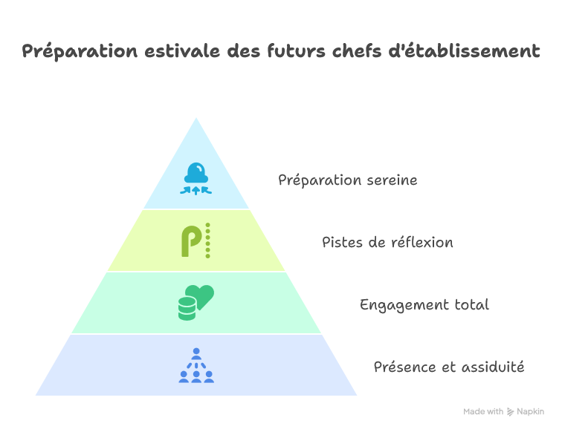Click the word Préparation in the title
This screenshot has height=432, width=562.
tap(80, 51)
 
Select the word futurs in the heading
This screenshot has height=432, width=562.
tap(296, 50)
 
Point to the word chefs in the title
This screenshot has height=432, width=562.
tap(357, 50)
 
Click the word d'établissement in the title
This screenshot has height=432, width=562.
tap(464, 50)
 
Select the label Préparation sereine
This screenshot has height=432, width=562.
tap(348, 180)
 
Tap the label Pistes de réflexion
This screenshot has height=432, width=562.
tap(387, 242)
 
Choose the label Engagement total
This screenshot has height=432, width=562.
tap(424, 305)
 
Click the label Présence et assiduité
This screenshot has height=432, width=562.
tap(449, 367)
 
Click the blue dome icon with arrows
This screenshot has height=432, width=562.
tap(196, 178)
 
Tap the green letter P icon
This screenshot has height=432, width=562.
tap(191, 241)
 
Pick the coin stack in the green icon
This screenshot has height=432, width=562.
tap(187, 309)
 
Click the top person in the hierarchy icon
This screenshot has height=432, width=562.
tap(196, 353)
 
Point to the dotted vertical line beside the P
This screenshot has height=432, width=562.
tap(207, 240)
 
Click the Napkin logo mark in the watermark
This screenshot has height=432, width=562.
tap(510, 412)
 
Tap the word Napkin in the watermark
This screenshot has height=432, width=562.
tap(531, 412)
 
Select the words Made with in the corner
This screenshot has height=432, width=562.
tap(483, 412)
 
